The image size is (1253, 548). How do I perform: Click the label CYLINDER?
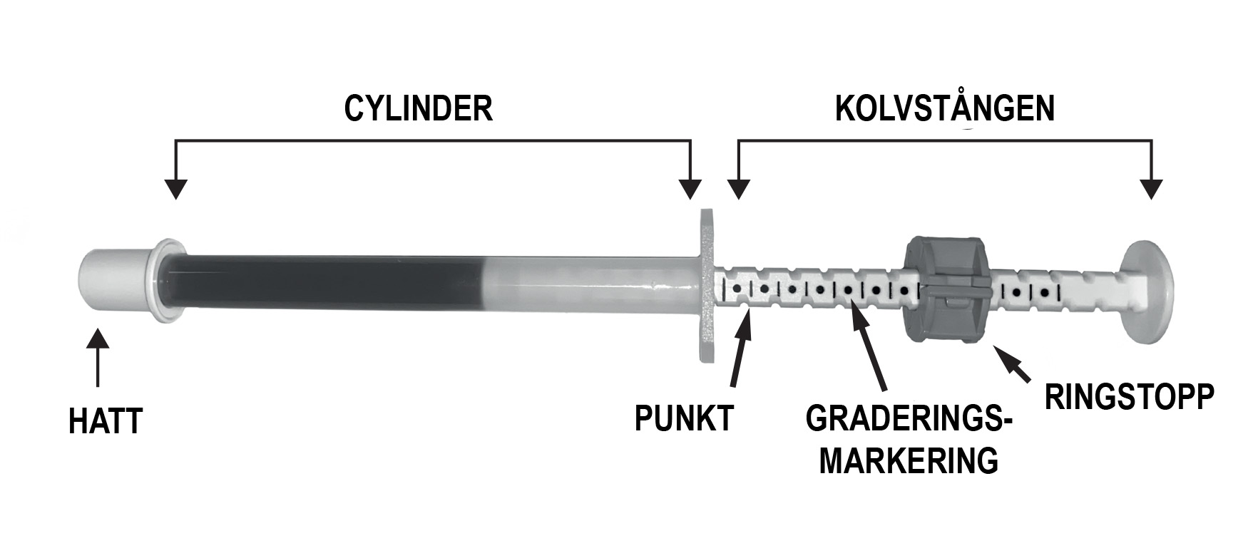[x=418, y=109]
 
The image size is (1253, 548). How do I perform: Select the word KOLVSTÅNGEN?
[x=944, y=109]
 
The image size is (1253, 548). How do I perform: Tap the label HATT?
[x=106, y=421]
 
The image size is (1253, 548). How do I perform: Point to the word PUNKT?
[x=684, y=419]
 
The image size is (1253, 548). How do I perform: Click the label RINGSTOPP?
[x=1129, y=397]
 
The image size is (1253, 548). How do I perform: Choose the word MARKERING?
[x=908, y=461]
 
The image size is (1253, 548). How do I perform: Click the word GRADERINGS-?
[x=909, y=419]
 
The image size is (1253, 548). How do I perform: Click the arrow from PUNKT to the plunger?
[x=740, y=349]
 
